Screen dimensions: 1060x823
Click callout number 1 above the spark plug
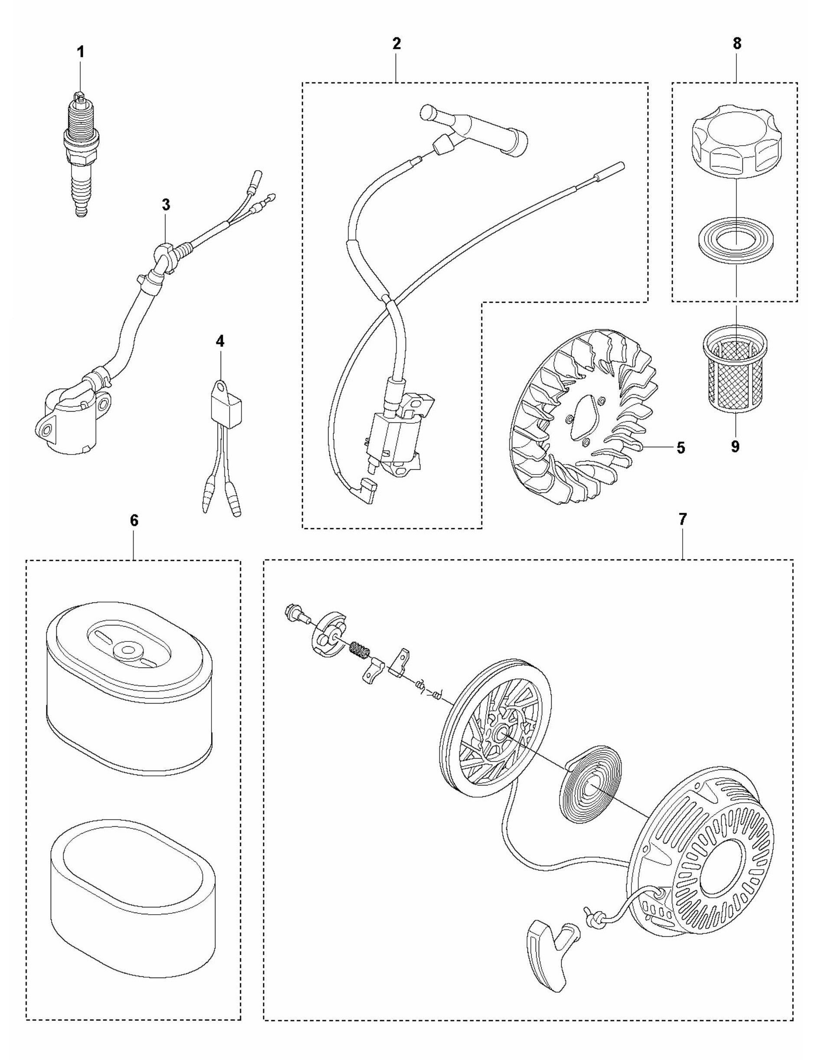click(x=81, y=52)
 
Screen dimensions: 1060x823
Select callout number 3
click(x=166, y=205)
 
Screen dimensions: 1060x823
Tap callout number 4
click(x=220, y=341)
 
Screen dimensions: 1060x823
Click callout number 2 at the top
click(x=396, y=44)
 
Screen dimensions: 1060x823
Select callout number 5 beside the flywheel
click(x=680, y=448)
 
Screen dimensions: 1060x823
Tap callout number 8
click(x=737, y=44)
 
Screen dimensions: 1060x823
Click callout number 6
click(x=134, y=520)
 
